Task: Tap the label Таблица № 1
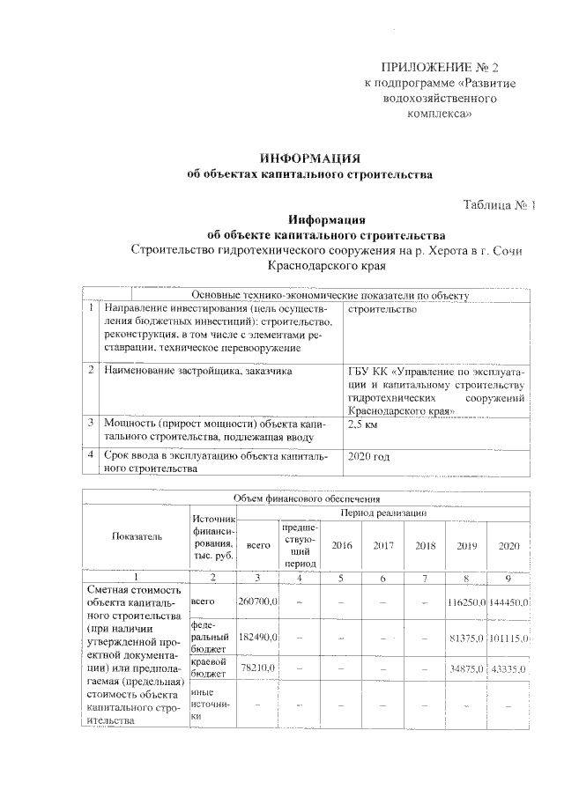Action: point(500,205)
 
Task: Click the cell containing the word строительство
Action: point(382,310)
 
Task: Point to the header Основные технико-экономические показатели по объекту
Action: point(330,295)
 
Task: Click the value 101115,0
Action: point(508,636)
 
